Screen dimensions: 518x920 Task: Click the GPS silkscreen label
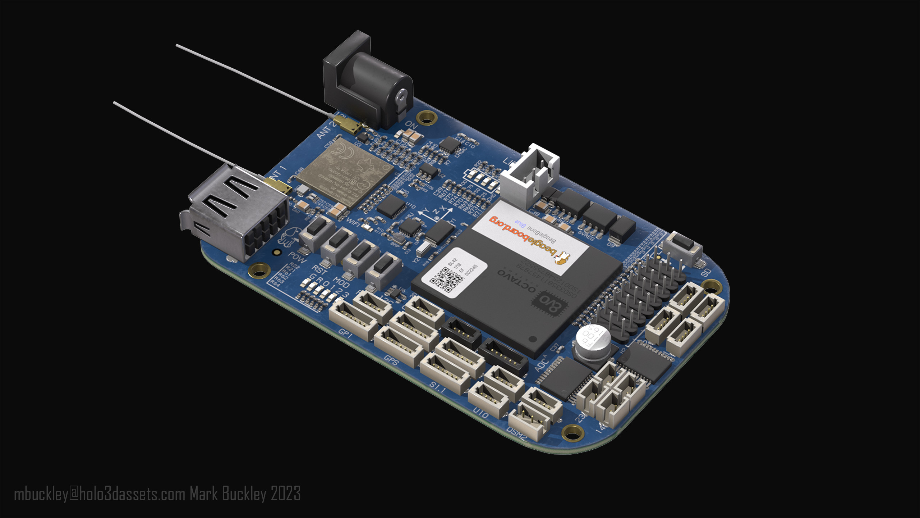(x=391, y=359)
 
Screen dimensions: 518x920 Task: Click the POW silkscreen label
(x=297, y=258)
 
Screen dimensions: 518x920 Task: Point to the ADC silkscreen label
(x=540, y=363)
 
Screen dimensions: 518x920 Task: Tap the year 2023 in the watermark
(x=286, y=494)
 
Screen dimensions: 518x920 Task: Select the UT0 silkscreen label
(x=480, y=413)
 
